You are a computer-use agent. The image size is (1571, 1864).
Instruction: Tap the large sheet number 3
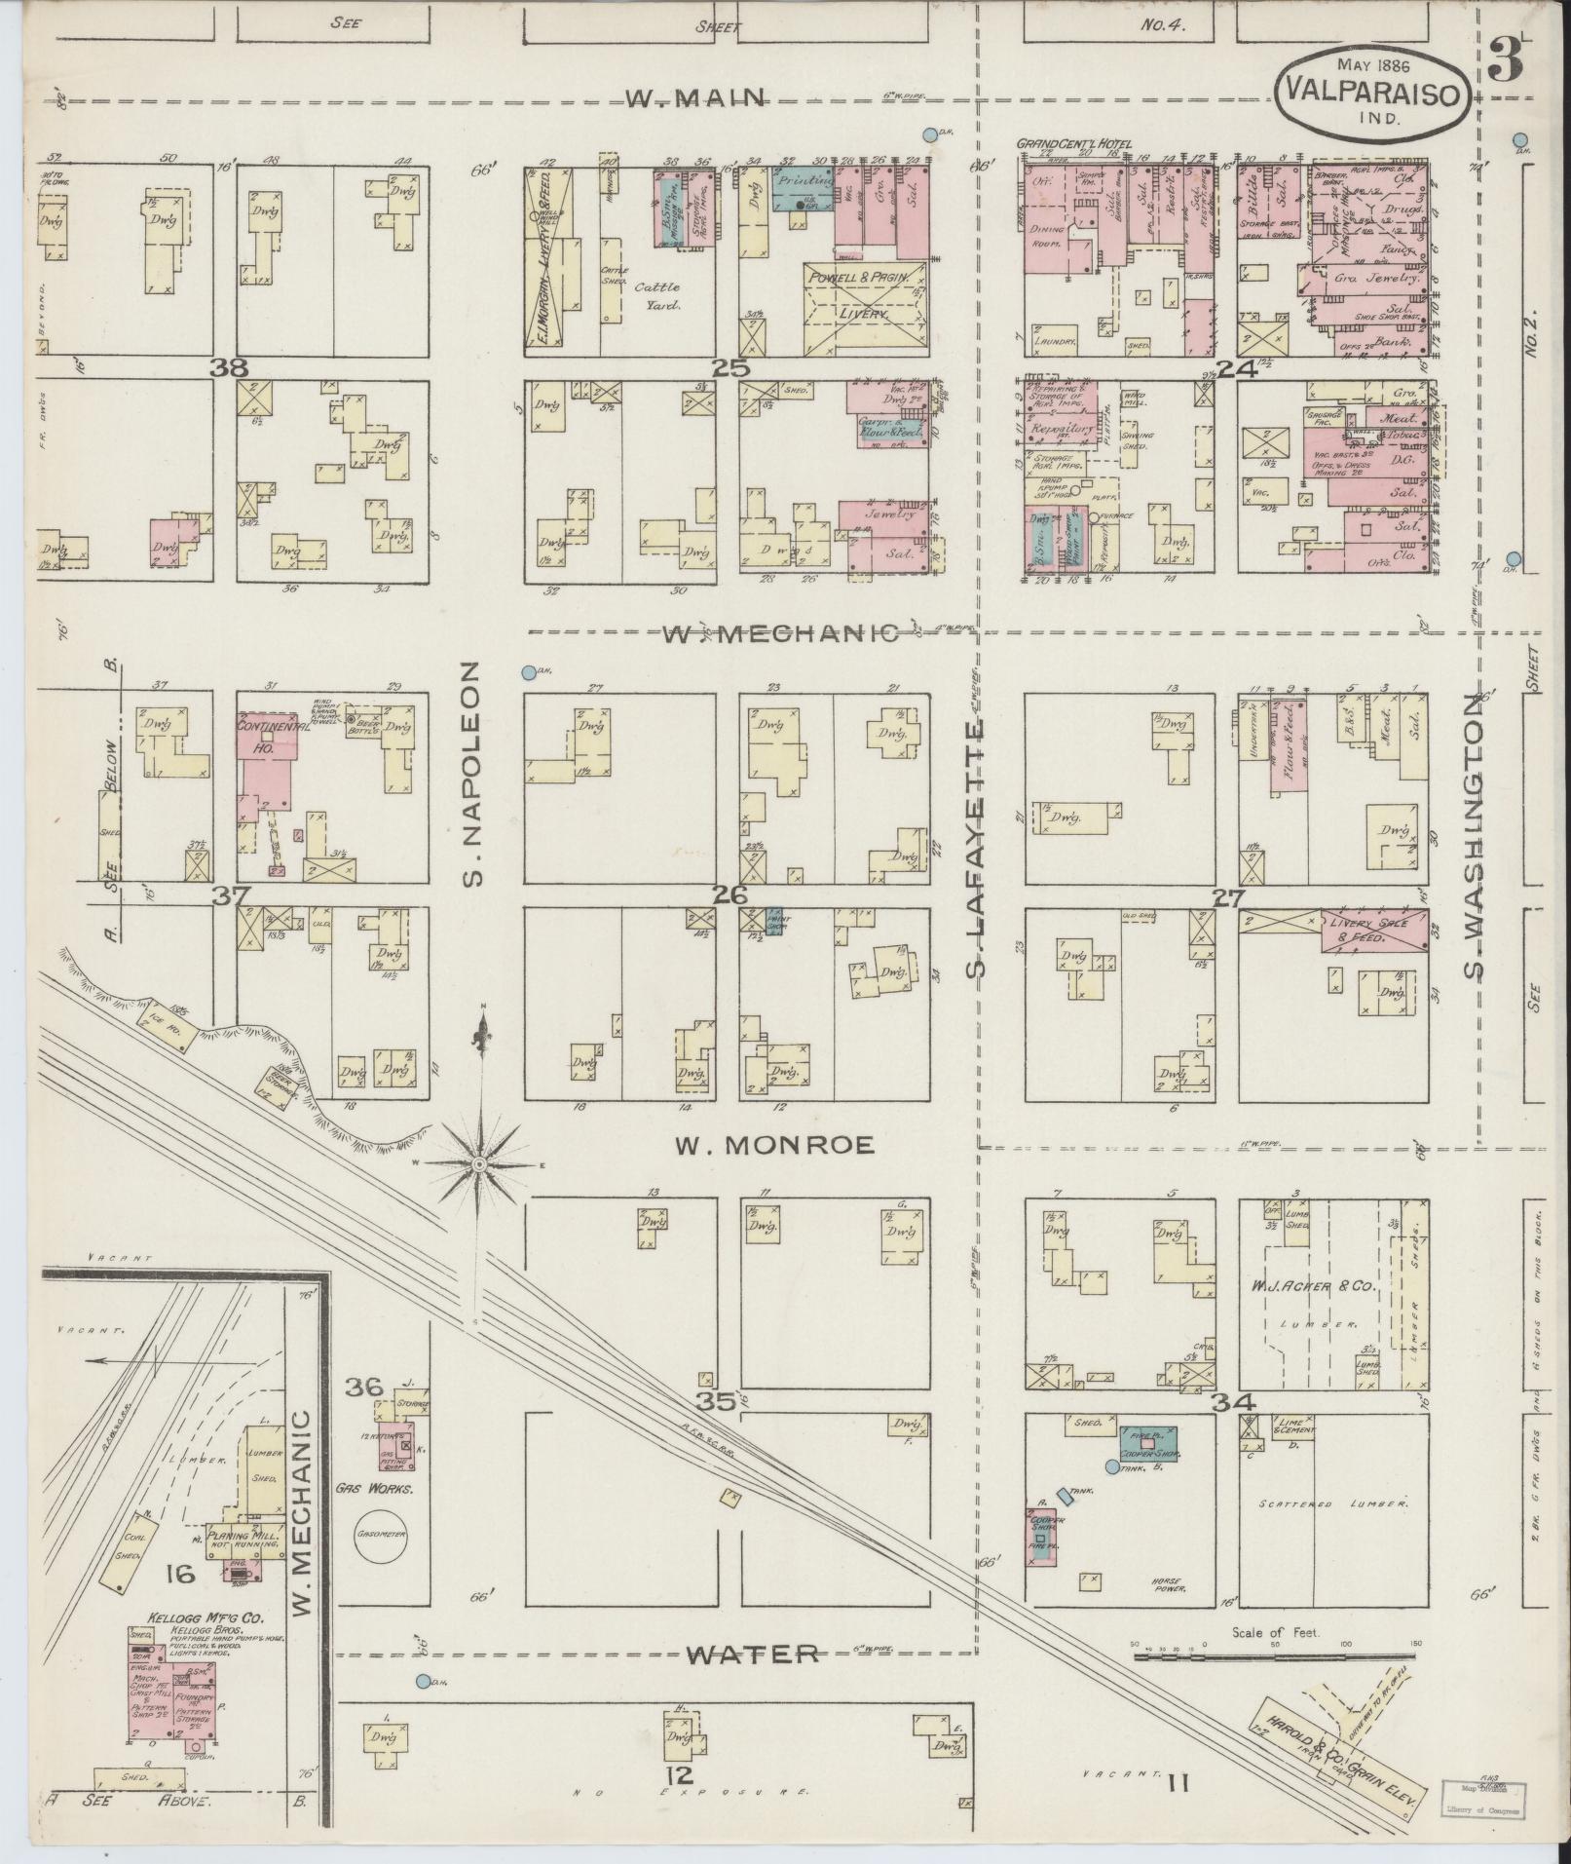1507,60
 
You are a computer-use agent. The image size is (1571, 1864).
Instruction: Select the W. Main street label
697,97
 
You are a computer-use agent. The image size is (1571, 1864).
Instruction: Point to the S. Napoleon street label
473,776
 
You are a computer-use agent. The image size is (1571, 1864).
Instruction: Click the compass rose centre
480,1164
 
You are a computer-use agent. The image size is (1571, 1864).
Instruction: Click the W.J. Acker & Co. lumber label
1312,1287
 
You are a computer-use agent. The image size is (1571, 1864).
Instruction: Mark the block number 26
730,894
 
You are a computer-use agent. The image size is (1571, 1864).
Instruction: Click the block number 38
233,368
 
